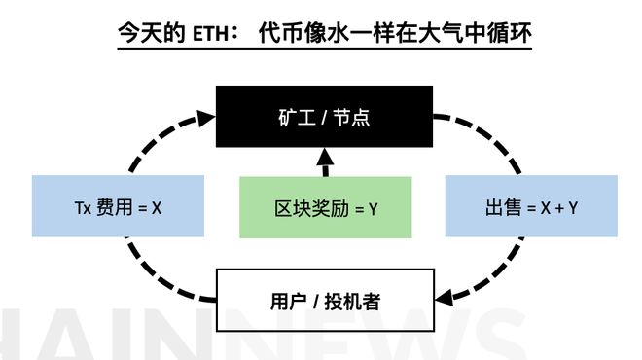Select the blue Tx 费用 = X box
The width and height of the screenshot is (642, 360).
pos(118,206)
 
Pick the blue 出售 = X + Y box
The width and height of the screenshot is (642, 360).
pos(531,206)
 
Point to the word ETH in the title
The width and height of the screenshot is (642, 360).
pos(210,34)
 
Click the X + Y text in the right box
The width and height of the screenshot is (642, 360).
pos(558,207)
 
